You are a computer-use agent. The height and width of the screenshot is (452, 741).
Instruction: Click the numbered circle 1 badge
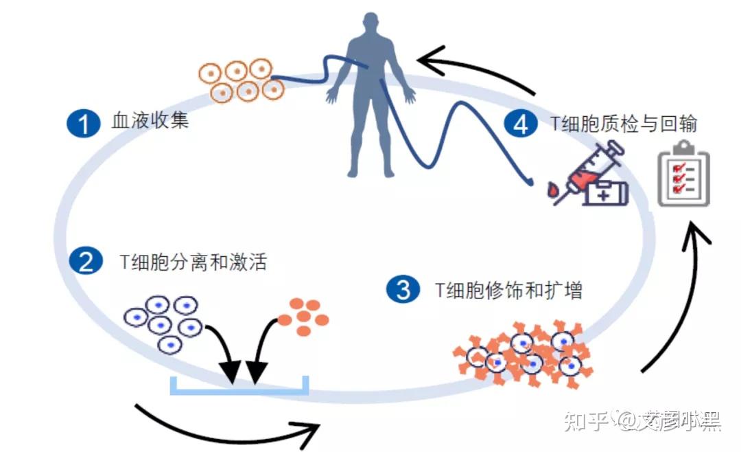click(84, 124)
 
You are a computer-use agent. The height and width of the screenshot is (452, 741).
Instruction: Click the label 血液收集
click(150, 124)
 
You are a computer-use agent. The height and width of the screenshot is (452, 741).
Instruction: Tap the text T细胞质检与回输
click(624, 124)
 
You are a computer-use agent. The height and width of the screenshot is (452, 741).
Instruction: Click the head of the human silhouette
click(370, 25)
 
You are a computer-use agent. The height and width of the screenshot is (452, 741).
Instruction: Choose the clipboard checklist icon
click(683, 172)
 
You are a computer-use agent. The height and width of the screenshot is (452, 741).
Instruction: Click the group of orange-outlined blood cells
click(241, 80)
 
